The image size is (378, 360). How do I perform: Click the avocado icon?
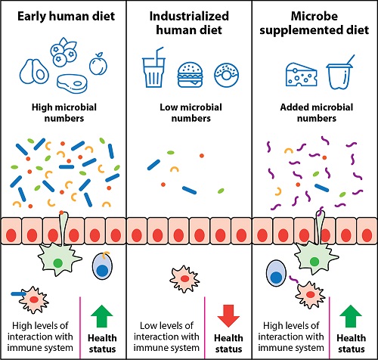point(34,72)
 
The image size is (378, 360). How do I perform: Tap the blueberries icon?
point(63,52)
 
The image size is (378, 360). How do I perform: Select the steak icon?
point(72,84)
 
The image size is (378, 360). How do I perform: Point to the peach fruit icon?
point(98,64)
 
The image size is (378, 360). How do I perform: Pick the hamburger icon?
point(191,75)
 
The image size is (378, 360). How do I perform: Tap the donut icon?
point(227,75)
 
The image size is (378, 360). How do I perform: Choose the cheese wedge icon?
point(301,74)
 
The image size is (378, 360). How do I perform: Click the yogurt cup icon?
point(340,73)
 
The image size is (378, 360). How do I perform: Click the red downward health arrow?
point(228,316)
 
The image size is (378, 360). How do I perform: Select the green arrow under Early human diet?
point(101,316)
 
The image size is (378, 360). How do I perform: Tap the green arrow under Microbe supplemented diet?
point(351,316)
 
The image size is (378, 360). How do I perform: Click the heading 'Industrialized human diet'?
point(189,23)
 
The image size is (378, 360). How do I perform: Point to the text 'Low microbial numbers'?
point(191,113)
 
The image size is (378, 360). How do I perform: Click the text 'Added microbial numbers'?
point(317,113)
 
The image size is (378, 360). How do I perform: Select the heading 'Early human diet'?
point(66,17)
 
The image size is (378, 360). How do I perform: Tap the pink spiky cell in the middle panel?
point(184,279)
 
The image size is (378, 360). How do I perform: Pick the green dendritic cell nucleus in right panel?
point(314,262)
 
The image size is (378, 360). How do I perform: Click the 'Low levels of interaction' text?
point(166,337)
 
